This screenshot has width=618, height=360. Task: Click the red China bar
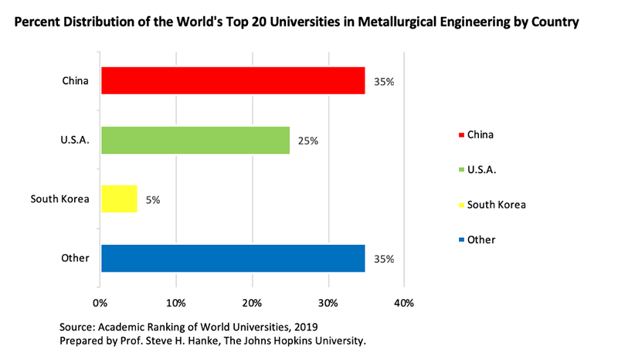coord(233,80)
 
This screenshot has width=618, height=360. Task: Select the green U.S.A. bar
coord(195,140)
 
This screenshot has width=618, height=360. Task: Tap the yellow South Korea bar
coord(119,199)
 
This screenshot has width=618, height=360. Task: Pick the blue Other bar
coord(233,258)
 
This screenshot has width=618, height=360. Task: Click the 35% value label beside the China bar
coord(384,81)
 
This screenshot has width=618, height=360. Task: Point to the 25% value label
coord(308,141)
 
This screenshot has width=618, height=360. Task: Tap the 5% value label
coord(152,199)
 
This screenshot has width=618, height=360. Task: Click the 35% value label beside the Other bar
coord(384,259)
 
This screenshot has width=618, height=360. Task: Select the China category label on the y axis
coord(76,80)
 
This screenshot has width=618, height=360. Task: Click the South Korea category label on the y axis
coord(59,199)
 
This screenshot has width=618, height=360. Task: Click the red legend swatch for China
coord(462,134)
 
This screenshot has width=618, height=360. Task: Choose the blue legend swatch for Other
coord(462,240)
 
